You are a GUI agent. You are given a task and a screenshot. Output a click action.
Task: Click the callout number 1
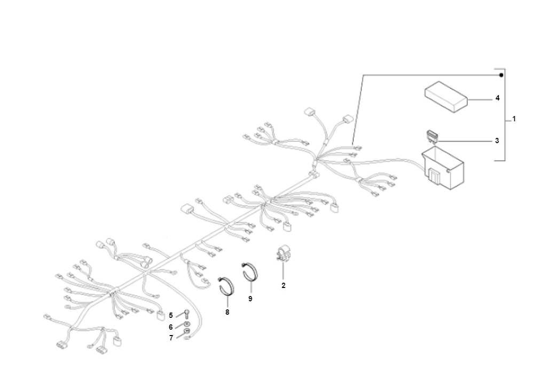tap(514, 119)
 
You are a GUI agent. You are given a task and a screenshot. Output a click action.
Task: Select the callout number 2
tap(284, 285)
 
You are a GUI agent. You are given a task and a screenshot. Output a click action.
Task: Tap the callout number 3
tap(497, 141)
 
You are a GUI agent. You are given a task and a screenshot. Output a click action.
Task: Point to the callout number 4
tap(497, 98)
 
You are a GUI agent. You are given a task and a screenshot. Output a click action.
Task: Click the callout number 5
tap(171, 316)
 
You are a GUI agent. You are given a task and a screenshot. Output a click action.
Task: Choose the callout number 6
tap(171, 327)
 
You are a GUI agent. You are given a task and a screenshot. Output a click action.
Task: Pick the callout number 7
tap(171, 338)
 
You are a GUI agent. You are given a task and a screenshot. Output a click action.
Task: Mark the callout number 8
tap(227, 312)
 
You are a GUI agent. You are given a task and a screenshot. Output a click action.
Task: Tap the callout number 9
tap(250, 299)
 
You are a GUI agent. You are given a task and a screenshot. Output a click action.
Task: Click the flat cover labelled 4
tap(446, 97)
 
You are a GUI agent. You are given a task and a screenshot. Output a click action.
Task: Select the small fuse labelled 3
tap(432, 136)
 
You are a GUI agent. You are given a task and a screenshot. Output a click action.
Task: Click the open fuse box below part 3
tap(443, 168)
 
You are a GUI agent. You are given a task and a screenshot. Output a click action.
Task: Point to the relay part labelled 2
tap(282, 254)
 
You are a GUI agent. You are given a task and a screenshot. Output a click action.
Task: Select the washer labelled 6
tap(186, 324)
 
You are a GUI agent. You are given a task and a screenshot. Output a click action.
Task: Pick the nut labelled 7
tap(186, 331)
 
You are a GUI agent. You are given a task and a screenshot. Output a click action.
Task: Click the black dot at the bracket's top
tap(501, 75)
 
